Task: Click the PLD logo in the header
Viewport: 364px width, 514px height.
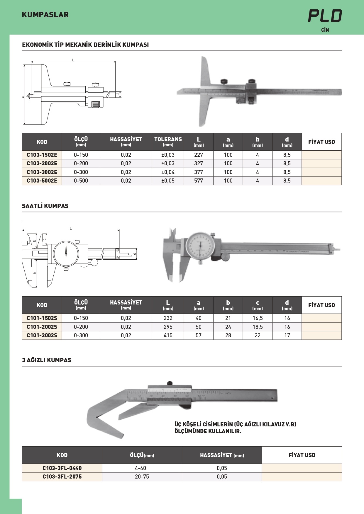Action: (x=325, y=16)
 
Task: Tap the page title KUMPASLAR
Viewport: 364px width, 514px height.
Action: (x=45, y=15)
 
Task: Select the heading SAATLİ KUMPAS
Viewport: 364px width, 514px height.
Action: (x=45, y=206)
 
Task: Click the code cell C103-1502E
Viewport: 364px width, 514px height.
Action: (x=42, y=155)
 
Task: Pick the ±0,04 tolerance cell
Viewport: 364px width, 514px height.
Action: (x=168, y=172)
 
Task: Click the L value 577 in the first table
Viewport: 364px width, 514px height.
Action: (x=199, y=181)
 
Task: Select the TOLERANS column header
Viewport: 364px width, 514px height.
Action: (x=168, y=142)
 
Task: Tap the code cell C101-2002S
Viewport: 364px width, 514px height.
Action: (x=42, y=327)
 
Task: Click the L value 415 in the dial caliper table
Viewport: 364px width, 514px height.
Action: (x=168, y=335)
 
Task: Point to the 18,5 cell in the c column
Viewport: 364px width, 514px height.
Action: (x=258, y=327)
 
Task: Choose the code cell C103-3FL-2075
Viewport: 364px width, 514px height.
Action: (x=62, y=476)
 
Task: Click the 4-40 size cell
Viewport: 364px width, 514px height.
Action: (x=142, y=468)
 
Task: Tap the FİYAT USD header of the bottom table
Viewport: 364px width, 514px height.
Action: (x=302, y=455)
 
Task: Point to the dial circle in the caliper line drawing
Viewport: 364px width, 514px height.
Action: (x=66, y=253)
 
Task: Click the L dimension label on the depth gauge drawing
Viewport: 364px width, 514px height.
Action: (x=73, y=60)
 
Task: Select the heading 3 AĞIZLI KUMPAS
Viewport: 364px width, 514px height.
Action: (x=47, y=360)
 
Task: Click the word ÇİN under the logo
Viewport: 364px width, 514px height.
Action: (x=325, y=30)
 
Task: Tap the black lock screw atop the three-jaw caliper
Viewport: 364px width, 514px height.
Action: (x=170, y=383)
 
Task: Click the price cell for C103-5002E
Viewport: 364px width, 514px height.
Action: (x=321, y=181)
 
